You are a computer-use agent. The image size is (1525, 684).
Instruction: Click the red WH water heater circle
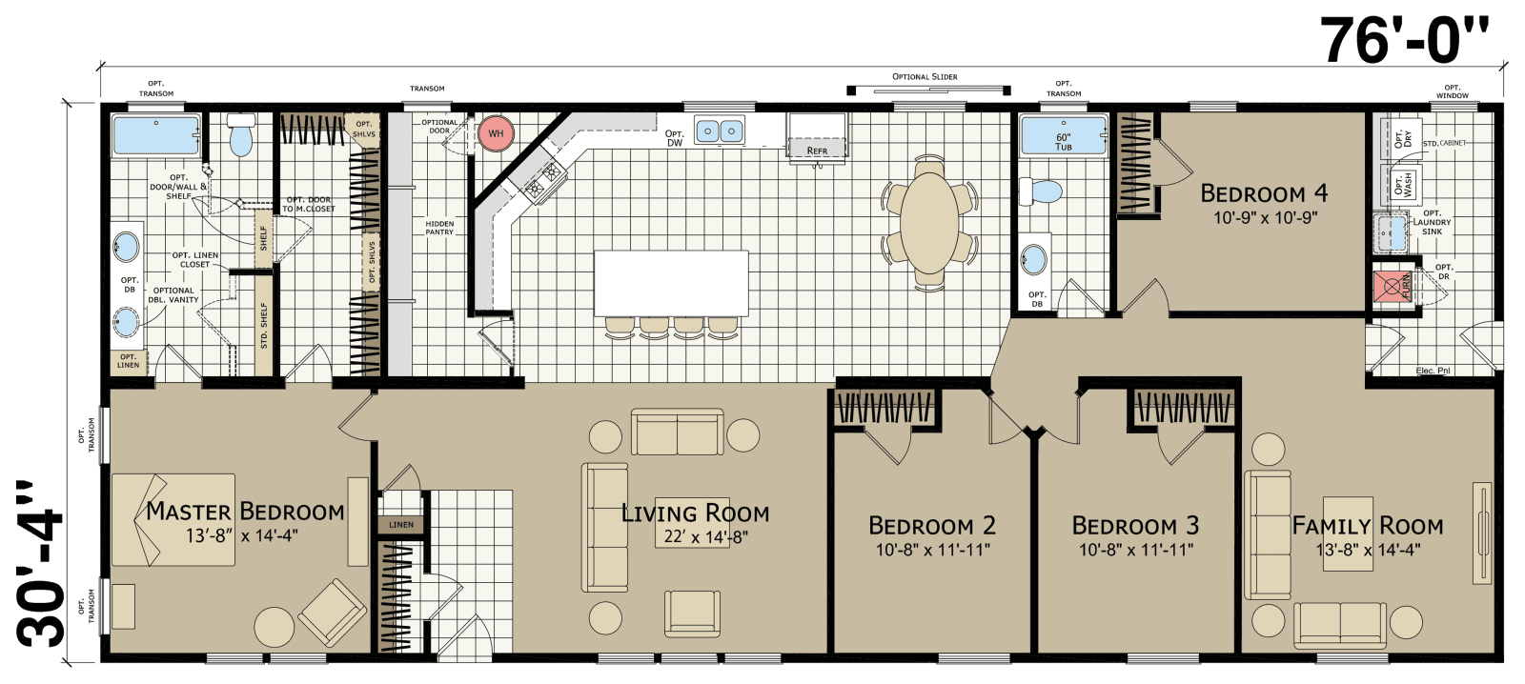[x=496, y=133]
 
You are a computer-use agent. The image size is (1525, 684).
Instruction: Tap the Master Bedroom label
[x=245, y=512]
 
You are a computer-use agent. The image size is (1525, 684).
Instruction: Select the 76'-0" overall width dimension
[x=1405, y=39]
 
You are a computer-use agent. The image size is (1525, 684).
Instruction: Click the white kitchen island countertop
[x=671, y=283]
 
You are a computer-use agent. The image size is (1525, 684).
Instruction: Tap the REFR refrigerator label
[x=817, y=151]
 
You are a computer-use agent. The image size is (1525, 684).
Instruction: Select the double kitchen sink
[x=720, y=131]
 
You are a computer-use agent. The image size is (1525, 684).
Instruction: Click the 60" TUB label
[x=1064, y=142]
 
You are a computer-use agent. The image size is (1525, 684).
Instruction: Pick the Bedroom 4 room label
[x=1264, y=193]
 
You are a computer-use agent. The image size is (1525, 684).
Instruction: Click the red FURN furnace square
[x=1392, y=286]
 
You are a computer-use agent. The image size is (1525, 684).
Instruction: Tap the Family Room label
[x=1367, y=525]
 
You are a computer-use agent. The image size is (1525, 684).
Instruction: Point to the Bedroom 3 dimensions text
[x=1136, y=550]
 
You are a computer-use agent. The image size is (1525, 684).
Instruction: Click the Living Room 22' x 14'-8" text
[x=705, y=537]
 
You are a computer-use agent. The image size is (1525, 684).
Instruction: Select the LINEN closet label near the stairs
[x=401, y=525]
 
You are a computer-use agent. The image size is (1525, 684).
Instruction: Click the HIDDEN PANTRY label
[x=439, y=228]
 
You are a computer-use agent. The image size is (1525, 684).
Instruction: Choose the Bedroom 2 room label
[x=932, y=525]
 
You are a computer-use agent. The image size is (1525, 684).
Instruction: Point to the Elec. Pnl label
[x=1433, y=371]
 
